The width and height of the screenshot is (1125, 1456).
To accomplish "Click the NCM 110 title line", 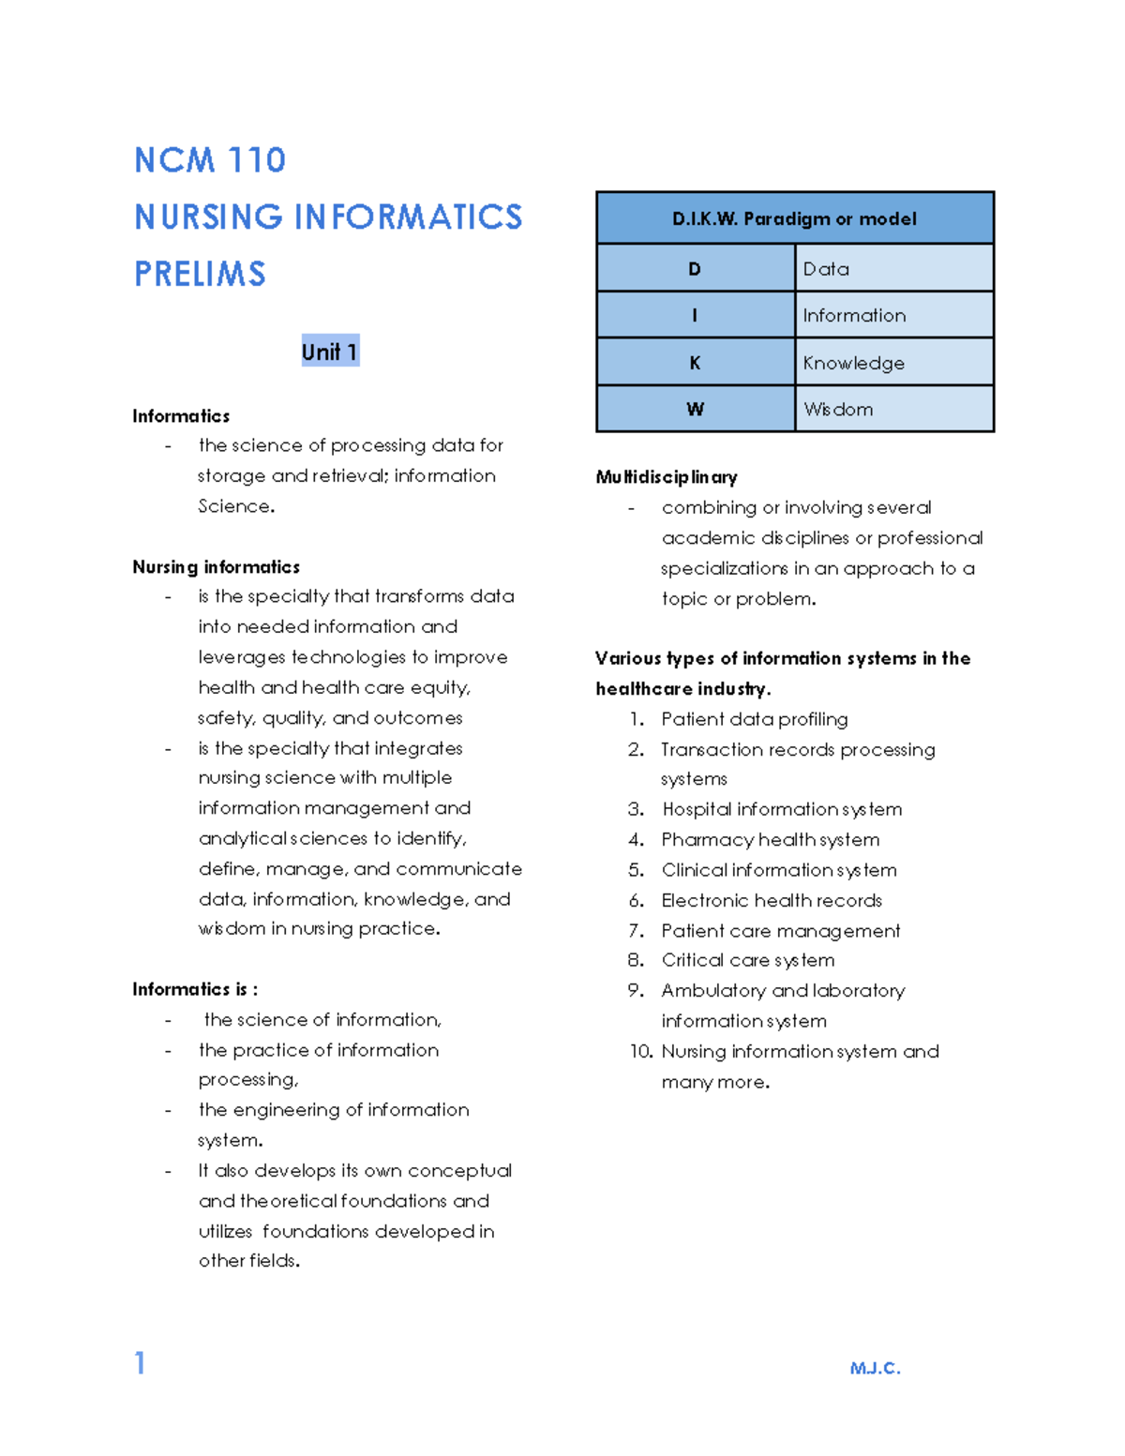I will pyautogui.click(x=210, y=160).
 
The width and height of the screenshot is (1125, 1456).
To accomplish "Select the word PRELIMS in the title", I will pyautogui.click(x=200, y=275).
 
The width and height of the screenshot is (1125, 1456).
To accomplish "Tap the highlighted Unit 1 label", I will pyautogui.click(x=329, y=352).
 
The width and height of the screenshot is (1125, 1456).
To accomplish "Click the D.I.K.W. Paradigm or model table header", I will pyautogui.click(x=794, y=218).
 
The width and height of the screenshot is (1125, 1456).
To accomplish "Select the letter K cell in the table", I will pyautogui.click(x=695, y=363).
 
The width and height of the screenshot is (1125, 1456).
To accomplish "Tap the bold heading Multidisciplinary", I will pyautogui.click(x=667, y=477).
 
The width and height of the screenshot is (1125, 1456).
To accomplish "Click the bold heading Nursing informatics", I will pyautogui.click(x=216, y=567).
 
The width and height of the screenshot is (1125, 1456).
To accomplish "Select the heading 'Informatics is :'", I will pyautogui.click(x=195, y=989).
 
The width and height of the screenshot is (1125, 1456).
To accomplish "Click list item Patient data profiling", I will pyautogui.click(x=754, y=719).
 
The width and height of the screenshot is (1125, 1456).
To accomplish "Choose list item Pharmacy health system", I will pyautogui.click(x=770, y=840).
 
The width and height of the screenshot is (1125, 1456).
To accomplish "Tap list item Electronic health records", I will pyautogui.click(x=772, y=901).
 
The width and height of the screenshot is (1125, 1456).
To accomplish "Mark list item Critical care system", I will pyautogui.click(x=747, y=961).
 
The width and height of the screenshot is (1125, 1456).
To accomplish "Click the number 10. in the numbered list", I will pyautogui.click(x=640, y=1052).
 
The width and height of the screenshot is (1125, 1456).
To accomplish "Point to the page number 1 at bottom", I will pyautogui.click(x=140, y=1362).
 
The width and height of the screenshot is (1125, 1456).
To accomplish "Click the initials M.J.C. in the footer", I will pyautogui.click(x=875, y=1369).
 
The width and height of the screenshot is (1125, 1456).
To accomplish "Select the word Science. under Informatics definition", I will pyautogui.click(x=236, y=506).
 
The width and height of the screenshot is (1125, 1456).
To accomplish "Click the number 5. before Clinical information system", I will pyautogui.click(x=637, y=870).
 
